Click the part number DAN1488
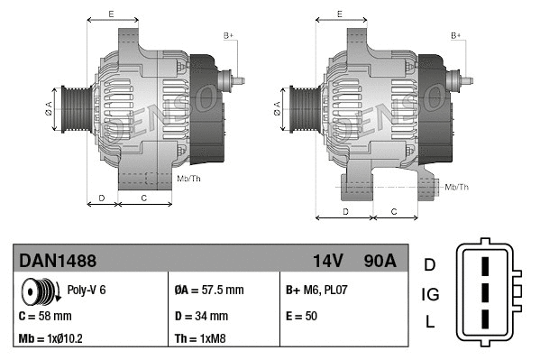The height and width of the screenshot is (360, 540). (x=58, y=261)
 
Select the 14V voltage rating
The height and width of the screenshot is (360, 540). (x=327, y=261)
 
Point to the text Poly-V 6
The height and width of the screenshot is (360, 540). (x=87, y=291)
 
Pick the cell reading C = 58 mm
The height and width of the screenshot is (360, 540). (x=45, y=317)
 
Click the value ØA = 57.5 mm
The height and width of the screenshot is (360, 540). (x=208, y=291)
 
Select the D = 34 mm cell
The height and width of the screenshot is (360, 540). (x=200, y=317)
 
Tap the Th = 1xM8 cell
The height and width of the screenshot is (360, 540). (x=200, y=340)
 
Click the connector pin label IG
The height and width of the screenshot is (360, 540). (x=430, y=293)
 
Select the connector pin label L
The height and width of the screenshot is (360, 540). (x=430, y=322)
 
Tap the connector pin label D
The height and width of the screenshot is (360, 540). (x=430, y=264)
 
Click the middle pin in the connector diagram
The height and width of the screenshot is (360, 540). (x=484, y=294)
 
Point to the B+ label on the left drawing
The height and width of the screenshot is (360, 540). (x=228, y=34)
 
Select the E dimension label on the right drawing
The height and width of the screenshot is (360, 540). (x=340, y=14)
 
